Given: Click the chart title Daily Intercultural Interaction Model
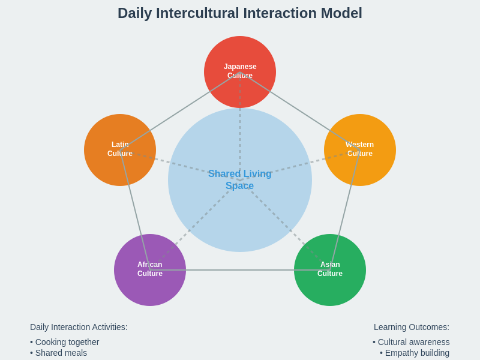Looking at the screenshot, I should pyautogui.click(x=240, y=13).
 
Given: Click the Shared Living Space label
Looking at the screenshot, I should pyautogui.click(x=240, y=180).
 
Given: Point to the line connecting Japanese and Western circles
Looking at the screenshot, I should pyautogui.click(x=300, y=111).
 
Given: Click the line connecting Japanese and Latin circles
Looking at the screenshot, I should pyautogui.click(x=180, y=111).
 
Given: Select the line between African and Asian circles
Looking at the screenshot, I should pyautogui.click(x=240, y=270).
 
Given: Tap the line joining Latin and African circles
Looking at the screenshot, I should pyautogui.click(x=135, y=210).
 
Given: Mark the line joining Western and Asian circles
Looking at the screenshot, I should pyautogui.click(x=345, y=210).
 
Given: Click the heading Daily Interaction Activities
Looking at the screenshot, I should pyautogui.click(x=79, y=327).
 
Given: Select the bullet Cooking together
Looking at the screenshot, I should pyautogui.click(x=65, y=342).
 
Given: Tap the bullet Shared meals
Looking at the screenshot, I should pyautogui.click(x=59, y=353).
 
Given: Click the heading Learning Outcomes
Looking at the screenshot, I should pyautogui.click(x=412, y=327).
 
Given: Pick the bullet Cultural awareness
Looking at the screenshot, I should pyautogui.click(x=411, y=342).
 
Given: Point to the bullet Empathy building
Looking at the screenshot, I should pyautogui.click(x=415, y=353).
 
